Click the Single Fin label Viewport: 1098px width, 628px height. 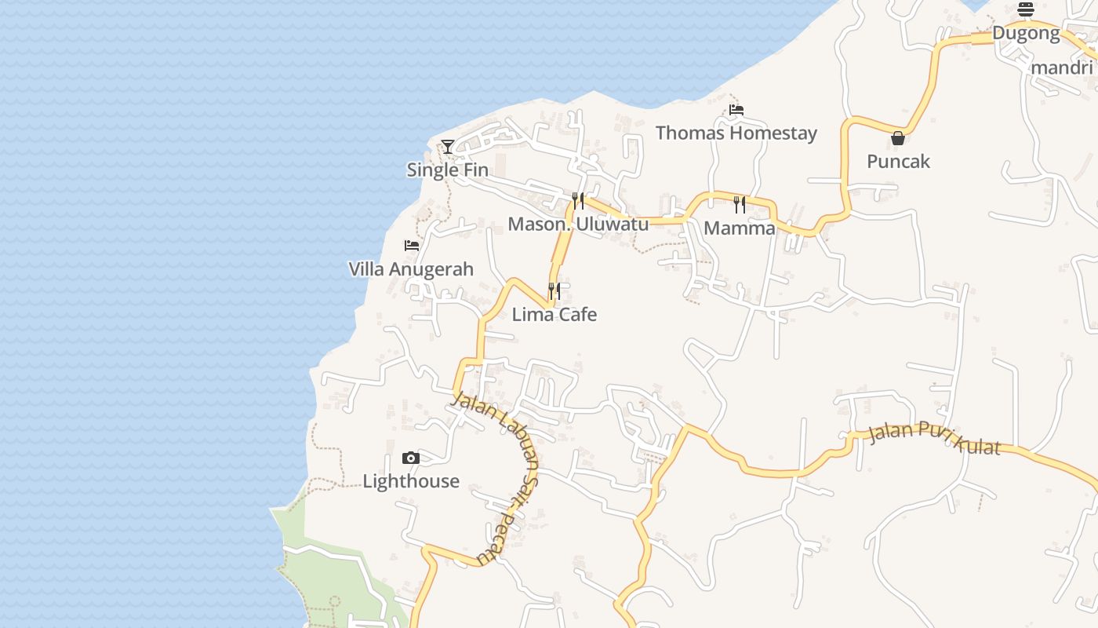(x=447, y=170)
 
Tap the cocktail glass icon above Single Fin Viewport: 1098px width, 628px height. (x=447, y=146)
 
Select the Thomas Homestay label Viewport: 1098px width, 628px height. (x=736, y=133)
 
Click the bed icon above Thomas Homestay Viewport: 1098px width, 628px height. (x=736, y=110)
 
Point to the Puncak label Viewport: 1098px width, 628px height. (x=898, y=161)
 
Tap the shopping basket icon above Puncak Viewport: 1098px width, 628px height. (x=898, y=138)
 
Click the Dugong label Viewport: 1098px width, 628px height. (x=1026, y=33)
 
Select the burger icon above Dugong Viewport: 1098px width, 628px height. (x=1026, y=9)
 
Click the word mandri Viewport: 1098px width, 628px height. (x=1063, y=67)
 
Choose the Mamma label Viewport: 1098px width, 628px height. (x=739, y=228)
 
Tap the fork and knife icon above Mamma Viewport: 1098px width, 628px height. (x=739, y=205)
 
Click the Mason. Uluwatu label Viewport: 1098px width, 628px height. (x=578, y=224)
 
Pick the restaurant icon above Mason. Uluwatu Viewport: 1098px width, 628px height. (x=578, y=201)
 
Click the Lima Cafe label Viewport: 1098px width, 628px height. (x=554, y=314)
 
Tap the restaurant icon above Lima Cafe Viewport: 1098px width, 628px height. (x=554, y=291)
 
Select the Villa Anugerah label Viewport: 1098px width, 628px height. (x=411, y=269)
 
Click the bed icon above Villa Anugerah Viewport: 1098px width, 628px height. (x=411, y=246)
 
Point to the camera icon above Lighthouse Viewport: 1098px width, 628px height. (x=410, y=458)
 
